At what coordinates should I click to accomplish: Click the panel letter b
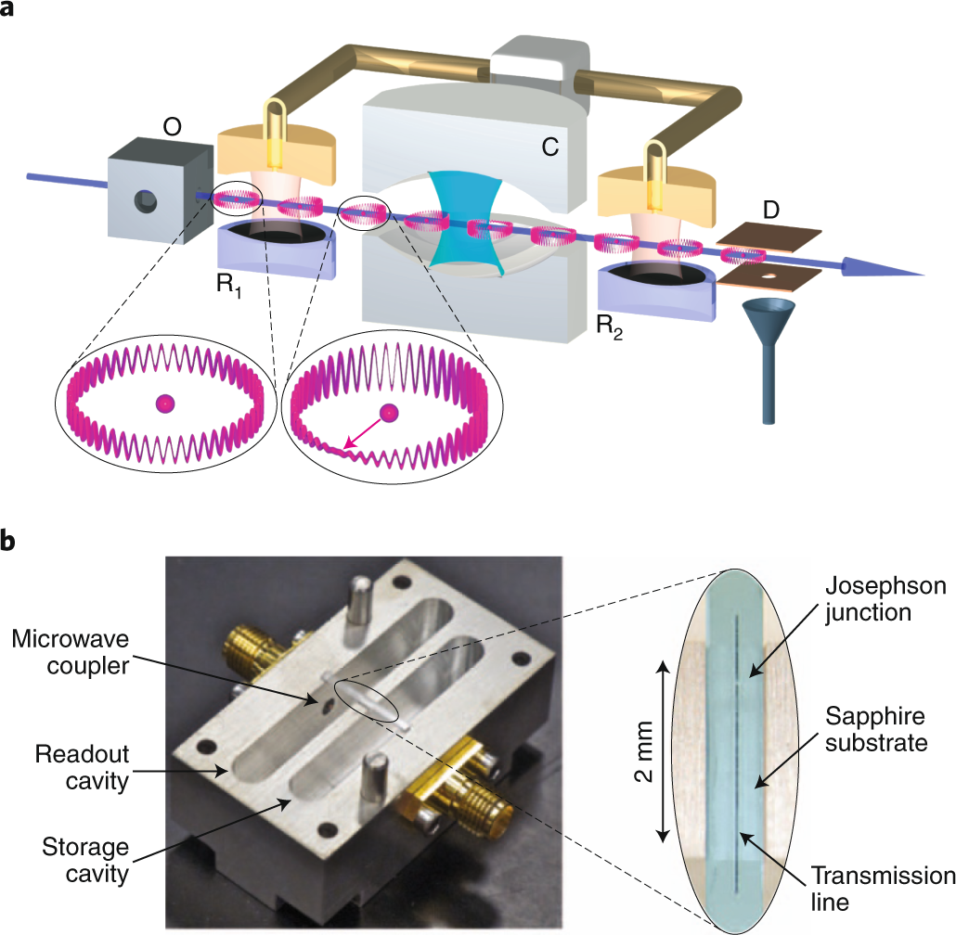coord(10,541)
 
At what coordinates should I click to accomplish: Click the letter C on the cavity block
coord(549,147)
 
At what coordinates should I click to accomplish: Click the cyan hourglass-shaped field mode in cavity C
coord(473,223)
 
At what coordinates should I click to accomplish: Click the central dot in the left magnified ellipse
coord(165,403)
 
